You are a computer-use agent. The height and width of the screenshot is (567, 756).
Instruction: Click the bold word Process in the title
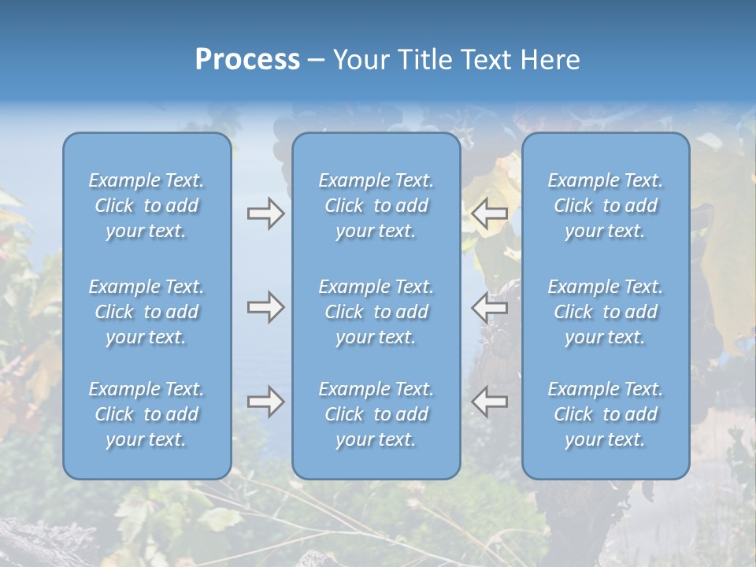pos(247,60)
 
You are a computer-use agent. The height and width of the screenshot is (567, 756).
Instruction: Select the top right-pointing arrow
pos(265,213)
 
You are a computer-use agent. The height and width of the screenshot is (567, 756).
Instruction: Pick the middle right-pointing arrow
pos(265,307)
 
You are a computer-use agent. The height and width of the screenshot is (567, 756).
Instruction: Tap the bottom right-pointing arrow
pos(265,402)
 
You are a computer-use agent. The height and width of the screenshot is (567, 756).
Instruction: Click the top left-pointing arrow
pos(489,213)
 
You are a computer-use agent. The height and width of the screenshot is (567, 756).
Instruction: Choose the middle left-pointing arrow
pos(489,307)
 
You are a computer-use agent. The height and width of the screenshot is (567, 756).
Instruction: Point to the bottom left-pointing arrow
pos(489,402)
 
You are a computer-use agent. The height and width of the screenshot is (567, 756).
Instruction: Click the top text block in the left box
pos(146,206)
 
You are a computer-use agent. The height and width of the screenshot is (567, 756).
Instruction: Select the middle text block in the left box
pos(146,312)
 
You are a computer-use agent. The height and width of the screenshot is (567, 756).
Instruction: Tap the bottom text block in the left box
pos(146,414)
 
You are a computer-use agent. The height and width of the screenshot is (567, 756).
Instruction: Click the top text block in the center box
pos(376,206)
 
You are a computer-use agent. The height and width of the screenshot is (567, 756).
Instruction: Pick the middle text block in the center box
pos(376,312)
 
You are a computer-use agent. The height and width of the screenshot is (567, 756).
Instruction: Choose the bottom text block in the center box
pos(376,414)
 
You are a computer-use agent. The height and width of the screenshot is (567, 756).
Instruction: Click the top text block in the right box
pos(605,206)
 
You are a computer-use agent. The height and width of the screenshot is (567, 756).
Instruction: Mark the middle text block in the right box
pos(605,312)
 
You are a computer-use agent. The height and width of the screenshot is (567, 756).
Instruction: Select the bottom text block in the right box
pos(605,414)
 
